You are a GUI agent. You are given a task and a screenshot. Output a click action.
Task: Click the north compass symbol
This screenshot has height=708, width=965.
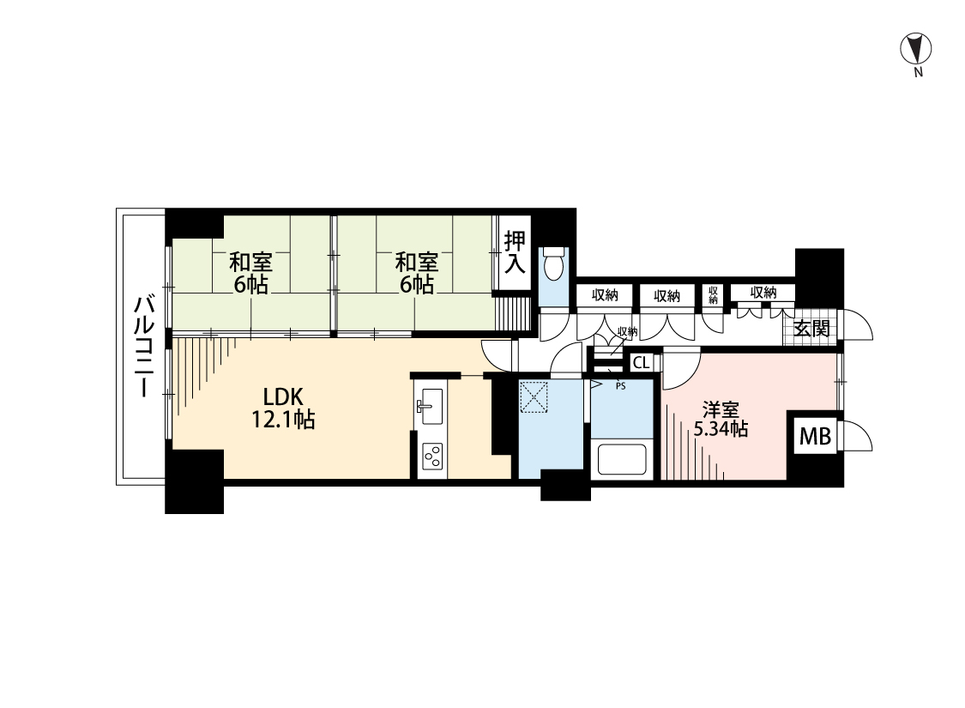click(x=916, y=49)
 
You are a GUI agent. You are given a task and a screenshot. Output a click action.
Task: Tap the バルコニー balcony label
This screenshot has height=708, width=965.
click(x=144, y=347)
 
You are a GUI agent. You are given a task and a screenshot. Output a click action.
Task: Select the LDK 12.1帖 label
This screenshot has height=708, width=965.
click(x=284, y=408)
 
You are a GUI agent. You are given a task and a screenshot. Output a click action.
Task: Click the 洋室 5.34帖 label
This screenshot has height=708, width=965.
click(x=721, y=420)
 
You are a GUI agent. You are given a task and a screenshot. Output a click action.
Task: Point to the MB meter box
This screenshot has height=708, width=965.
click(x=815, y=437)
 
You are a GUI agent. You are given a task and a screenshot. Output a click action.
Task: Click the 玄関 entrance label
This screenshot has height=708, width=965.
click(x=811, y=329)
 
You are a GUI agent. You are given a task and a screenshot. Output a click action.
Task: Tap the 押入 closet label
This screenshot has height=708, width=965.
click(x=516, y=252)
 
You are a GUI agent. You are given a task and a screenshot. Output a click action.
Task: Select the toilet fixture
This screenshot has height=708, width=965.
click(x=555, y=263)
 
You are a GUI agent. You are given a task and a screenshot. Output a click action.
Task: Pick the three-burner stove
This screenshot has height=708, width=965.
click(x=431, y=457)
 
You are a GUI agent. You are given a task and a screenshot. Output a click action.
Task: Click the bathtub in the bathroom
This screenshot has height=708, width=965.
click(x=622, y=458)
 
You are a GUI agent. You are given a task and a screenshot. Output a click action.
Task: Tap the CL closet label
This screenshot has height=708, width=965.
click(x=642, y=363)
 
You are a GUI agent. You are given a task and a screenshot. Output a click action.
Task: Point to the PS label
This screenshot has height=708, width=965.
click(x=620, y=387)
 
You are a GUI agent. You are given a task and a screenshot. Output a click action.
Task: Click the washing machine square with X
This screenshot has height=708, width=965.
click(x=534, y=396)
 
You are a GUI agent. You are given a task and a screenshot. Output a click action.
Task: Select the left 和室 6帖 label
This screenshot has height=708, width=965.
click(x=250, y=274)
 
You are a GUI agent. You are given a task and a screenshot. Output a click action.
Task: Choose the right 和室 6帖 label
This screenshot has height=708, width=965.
click(x=416, y=274)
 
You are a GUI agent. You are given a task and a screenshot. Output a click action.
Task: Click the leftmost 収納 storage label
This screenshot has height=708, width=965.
click(x=605, y=295)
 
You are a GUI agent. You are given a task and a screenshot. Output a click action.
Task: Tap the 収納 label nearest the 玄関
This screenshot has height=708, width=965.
click(x=763, y=293)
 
